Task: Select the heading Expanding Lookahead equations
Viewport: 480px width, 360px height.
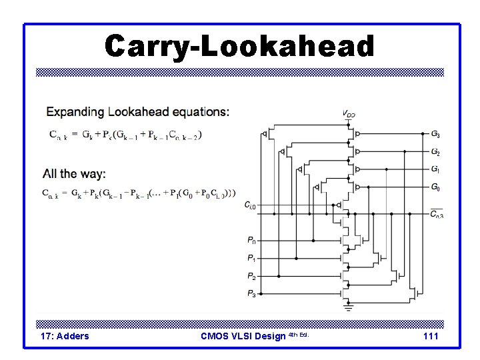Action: [137, 111]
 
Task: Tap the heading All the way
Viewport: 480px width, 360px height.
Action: [74, 174]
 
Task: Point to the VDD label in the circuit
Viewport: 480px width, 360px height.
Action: [349, 114]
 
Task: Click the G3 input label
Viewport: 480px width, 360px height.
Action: [435, 134]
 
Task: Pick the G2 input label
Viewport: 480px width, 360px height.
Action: [435, 152]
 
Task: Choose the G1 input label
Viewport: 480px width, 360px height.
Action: [435, 169]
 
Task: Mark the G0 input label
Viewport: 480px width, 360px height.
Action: [435, 187]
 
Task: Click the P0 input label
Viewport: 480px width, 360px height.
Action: [251, 240]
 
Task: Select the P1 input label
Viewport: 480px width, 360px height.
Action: [251, 258]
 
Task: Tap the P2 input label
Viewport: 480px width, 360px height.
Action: [251, 276]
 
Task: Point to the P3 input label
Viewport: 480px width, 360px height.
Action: [251, 293]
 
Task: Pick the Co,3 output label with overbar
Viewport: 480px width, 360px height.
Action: [436, 213]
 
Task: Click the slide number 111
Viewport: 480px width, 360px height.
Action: [431, 336]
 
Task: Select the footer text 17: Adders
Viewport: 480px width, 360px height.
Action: [65, 336]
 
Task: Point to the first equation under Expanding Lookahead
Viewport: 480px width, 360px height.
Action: [126, 134]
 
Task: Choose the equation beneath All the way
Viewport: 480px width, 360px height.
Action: [139, 194]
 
